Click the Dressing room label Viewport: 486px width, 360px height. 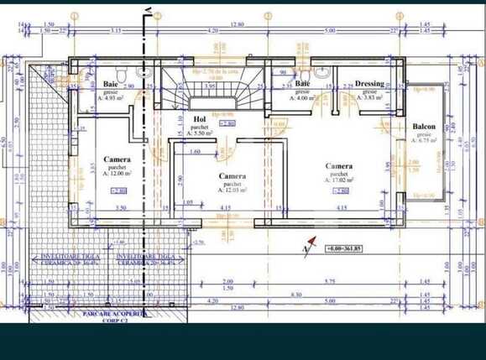(x=369, y=84)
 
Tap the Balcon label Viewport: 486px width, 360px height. (x=424, y=127)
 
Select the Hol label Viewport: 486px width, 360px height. (x=200, y=119)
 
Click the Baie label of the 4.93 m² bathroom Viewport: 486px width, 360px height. (x=110, y=84)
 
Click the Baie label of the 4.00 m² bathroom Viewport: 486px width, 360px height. (x=303, y=84)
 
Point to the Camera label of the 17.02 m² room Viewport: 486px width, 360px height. (x=339, y=166)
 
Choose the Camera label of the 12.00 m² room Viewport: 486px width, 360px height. (x=117, y=159)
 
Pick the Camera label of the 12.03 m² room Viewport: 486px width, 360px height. (x=232, y=176)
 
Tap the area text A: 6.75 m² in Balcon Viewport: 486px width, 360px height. (x=423, y=140)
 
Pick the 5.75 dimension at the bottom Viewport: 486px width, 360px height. (x=329, y=281)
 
